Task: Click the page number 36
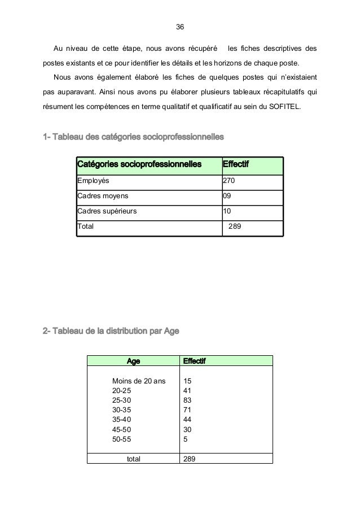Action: [180, 27]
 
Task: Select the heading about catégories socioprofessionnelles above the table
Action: [133, 137]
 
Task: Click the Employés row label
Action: [94, 181]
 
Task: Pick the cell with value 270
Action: [230, 181]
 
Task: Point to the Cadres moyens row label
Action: [103, 197]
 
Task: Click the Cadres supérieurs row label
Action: [107, 212]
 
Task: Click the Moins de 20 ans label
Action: [139, 381]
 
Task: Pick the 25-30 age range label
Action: [122, 400]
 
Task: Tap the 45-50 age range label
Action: [122, 429]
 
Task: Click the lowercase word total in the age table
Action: [134, 459]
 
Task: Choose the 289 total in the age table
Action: [190, 459]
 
